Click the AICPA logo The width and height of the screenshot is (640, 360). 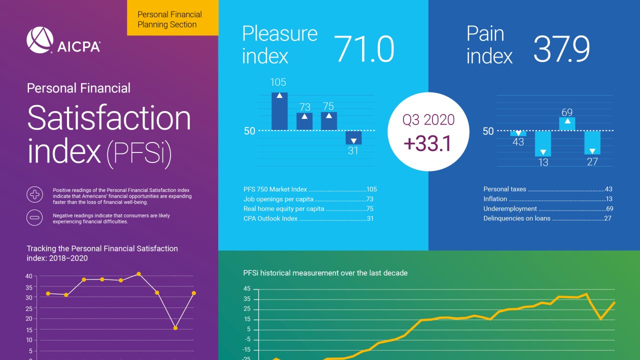click(63, 40)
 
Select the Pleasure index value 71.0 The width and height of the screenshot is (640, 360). click(363, 49)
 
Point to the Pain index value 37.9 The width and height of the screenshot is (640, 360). click(561, 49)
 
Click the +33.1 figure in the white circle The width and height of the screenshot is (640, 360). click(427, 143)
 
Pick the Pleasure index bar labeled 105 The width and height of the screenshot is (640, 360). click(279, 111)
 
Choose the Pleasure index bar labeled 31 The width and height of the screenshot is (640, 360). click(353, 138)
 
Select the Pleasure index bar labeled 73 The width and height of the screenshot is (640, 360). click(304, 121)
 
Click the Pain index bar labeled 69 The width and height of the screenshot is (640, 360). click(567, 123)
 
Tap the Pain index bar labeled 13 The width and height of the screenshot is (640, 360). click(543, 143)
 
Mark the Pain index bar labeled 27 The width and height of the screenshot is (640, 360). click(592, 142)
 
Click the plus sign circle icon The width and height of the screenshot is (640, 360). click(34, 194)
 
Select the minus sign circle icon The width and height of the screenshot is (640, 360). click(34, 217)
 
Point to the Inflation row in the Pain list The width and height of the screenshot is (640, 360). click(547, 199)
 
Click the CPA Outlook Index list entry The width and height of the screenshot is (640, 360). click(308, 218)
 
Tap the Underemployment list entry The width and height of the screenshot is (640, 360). click(547, 208)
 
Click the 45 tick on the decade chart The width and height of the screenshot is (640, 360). click(247, 289)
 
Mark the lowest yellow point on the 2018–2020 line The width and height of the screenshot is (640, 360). click(175, 328)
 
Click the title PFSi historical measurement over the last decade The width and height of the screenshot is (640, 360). click(325, 273)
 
